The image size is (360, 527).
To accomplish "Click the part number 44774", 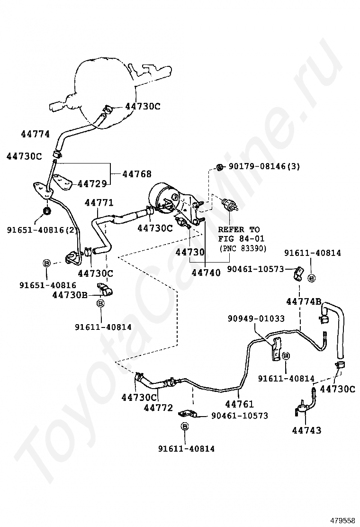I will (35, 134).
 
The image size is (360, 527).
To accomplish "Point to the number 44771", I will (99, 203).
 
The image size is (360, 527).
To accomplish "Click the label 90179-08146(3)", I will (264, 166).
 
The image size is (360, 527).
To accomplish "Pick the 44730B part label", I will (70, 295).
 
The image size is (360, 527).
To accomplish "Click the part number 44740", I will (206, 273).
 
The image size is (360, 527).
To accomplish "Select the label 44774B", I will (304, 301).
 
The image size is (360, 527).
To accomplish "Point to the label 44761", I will (240, 404).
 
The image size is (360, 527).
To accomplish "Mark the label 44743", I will (306, 430).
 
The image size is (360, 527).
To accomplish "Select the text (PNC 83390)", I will (242, 248).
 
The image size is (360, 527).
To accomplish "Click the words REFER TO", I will (239, 230).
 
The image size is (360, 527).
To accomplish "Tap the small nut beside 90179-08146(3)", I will (219, 167).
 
